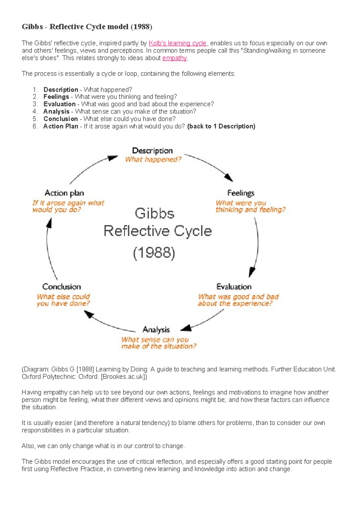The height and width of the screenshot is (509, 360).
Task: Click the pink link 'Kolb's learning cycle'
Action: (x=177, y=43)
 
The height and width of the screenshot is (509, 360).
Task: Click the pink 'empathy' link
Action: (x=174, y=58)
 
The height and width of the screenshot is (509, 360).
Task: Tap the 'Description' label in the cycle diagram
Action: (x=152, y=151)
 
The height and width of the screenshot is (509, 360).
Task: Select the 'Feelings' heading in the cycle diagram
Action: (x=241, y=193)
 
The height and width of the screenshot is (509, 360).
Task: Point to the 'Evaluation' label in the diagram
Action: (x=234, y=287)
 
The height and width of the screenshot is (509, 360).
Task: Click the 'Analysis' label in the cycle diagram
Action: (x=156, y=330)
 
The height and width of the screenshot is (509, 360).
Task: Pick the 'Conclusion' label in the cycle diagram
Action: (x=61, y=287)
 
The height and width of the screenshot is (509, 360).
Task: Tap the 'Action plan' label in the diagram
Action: (x=64, y=193)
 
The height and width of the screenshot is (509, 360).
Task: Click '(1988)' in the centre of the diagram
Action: (x=154, y=253)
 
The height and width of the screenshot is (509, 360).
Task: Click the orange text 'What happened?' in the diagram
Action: (x=153, y=159)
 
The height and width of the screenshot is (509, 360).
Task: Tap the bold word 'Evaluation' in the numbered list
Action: (x=59, y=104)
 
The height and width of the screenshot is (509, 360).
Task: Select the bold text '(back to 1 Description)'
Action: (x=221, y=126)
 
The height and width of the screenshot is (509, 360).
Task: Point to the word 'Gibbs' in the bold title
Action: (x=32, y=27)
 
